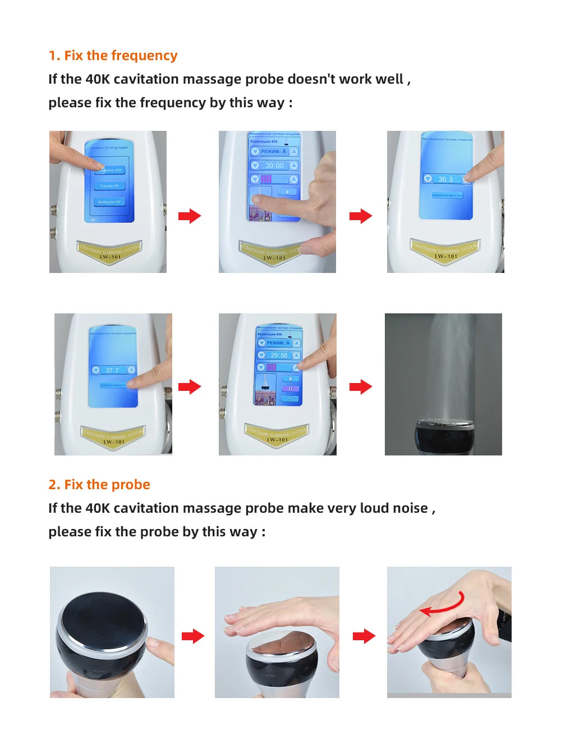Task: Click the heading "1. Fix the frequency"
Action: click(113, 56)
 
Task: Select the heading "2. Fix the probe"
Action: click(99, 485)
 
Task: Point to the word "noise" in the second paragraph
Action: click(410, 508)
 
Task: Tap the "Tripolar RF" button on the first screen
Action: click(109, 186)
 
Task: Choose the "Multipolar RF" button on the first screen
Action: click(109, 202)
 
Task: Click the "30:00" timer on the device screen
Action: click(274, 166)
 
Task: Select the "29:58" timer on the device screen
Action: click(279, 355)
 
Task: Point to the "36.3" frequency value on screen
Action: click(445, 179)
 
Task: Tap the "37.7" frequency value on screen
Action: click(112, 370)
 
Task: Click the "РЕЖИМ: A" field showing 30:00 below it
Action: click(274, 152)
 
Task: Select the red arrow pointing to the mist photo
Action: click(361, 387)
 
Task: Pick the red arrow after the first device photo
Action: click(190, 216)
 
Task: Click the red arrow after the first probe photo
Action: click(193, 636)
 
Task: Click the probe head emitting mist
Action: click(443, 432)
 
